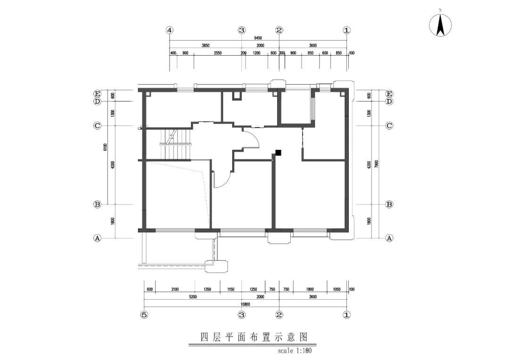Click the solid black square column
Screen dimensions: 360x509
(x=279, y=152)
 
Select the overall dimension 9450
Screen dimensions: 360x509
(x=258, y=38)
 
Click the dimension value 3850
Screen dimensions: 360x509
(x=205, y=46)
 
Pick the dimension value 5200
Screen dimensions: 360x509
(x=193, y=297)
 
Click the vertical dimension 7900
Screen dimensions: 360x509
(x=376, y=164)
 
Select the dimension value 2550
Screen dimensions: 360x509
(x=217, y=53)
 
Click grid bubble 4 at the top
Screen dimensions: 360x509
(x=170, y=30)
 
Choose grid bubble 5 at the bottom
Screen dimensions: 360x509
(x=145, y=315)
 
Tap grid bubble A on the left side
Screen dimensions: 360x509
(x=98, y=238)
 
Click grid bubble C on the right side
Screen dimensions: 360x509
(x=389, y=126)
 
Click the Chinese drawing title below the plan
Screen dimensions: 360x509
(x=254, y=337)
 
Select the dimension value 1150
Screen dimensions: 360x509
(x=231, y=289)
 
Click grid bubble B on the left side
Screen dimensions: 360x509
(x=98, y=205)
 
